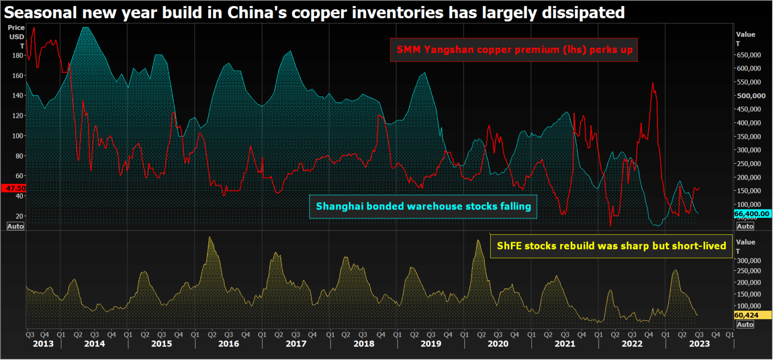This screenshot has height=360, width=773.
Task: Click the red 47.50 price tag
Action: tap(13, 188)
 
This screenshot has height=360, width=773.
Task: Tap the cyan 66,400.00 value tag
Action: tap(752, 213)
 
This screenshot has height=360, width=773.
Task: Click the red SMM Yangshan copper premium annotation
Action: tap(513, 50)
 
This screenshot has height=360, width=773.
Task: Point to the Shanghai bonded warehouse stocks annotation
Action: tap(423, 206)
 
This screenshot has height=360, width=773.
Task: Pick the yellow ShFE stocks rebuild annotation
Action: tap(611, 246)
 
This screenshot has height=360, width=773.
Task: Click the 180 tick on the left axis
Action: tap(18, 55)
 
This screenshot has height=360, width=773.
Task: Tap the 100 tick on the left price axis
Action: tap(18, 135)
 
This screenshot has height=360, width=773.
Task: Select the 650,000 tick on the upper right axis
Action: tap(751, 54)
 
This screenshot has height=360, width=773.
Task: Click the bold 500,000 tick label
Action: tap(751, 96)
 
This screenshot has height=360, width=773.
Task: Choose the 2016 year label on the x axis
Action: tap(228, 343)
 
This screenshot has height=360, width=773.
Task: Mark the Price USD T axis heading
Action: tap(16, 36)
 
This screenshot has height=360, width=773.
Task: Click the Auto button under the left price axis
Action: tap(15, 226)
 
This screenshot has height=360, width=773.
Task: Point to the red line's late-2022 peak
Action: tap(653, 83)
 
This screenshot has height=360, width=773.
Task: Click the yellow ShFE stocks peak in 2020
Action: tap(478, 241)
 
